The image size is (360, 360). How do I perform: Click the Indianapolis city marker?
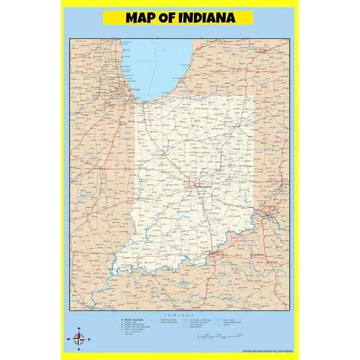coord(195,185)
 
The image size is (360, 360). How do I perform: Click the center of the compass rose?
coord(79,340)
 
